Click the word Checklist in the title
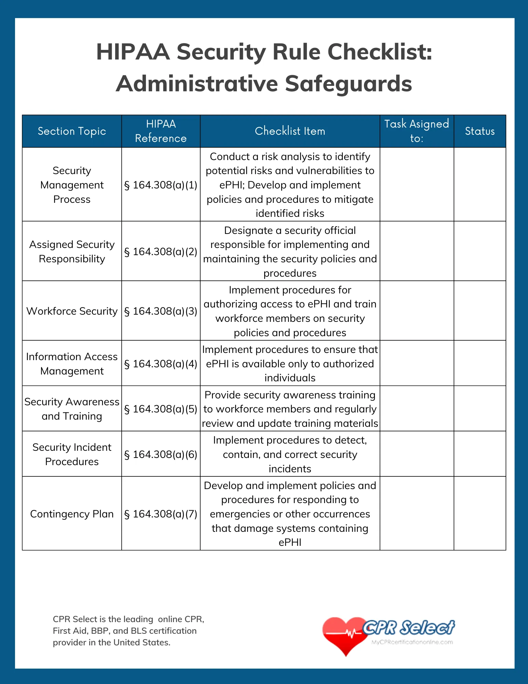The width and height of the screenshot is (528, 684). (x=379, y=52)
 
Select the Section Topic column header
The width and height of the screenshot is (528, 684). (x=72, y=131)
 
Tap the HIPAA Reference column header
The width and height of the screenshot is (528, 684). (x=161, y=131)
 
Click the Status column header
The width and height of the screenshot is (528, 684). (x=479, y=131)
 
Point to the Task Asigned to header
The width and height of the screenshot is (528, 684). (x=416, y=131)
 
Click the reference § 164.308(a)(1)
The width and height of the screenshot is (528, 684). (x=161, y=185)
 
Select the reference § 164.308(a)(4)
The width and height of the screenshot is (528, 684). (x=161, y=364)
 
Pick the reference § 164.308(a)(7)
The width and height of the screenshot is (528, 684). (x=161, y=514)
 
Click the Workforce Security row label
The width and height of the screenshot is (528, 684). (x=72, y=311)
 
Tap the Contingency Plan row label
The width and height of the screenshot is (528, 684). (x=72, y=514)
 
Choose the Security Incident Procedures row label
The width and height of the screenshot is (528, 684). (x=72, y=454)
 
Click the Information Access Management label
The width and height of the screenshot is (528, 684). (x=72, y=364)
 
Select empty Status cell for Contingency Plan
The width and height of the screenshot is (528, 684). (x=479, y=513)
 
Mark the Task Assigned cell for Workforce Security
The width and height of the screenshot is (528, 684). (x=416, y=311)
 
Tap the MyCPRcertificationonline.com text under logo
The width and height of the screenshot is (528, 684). (x=412, y=642)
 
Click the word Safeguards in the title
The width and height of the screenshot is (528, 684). (x=348, y=84)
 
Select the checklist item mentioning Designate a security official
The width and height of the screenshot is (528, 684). (x=290, y=252)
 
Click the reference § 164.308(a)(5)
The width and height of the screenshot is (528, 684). (x=161, y=409)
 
